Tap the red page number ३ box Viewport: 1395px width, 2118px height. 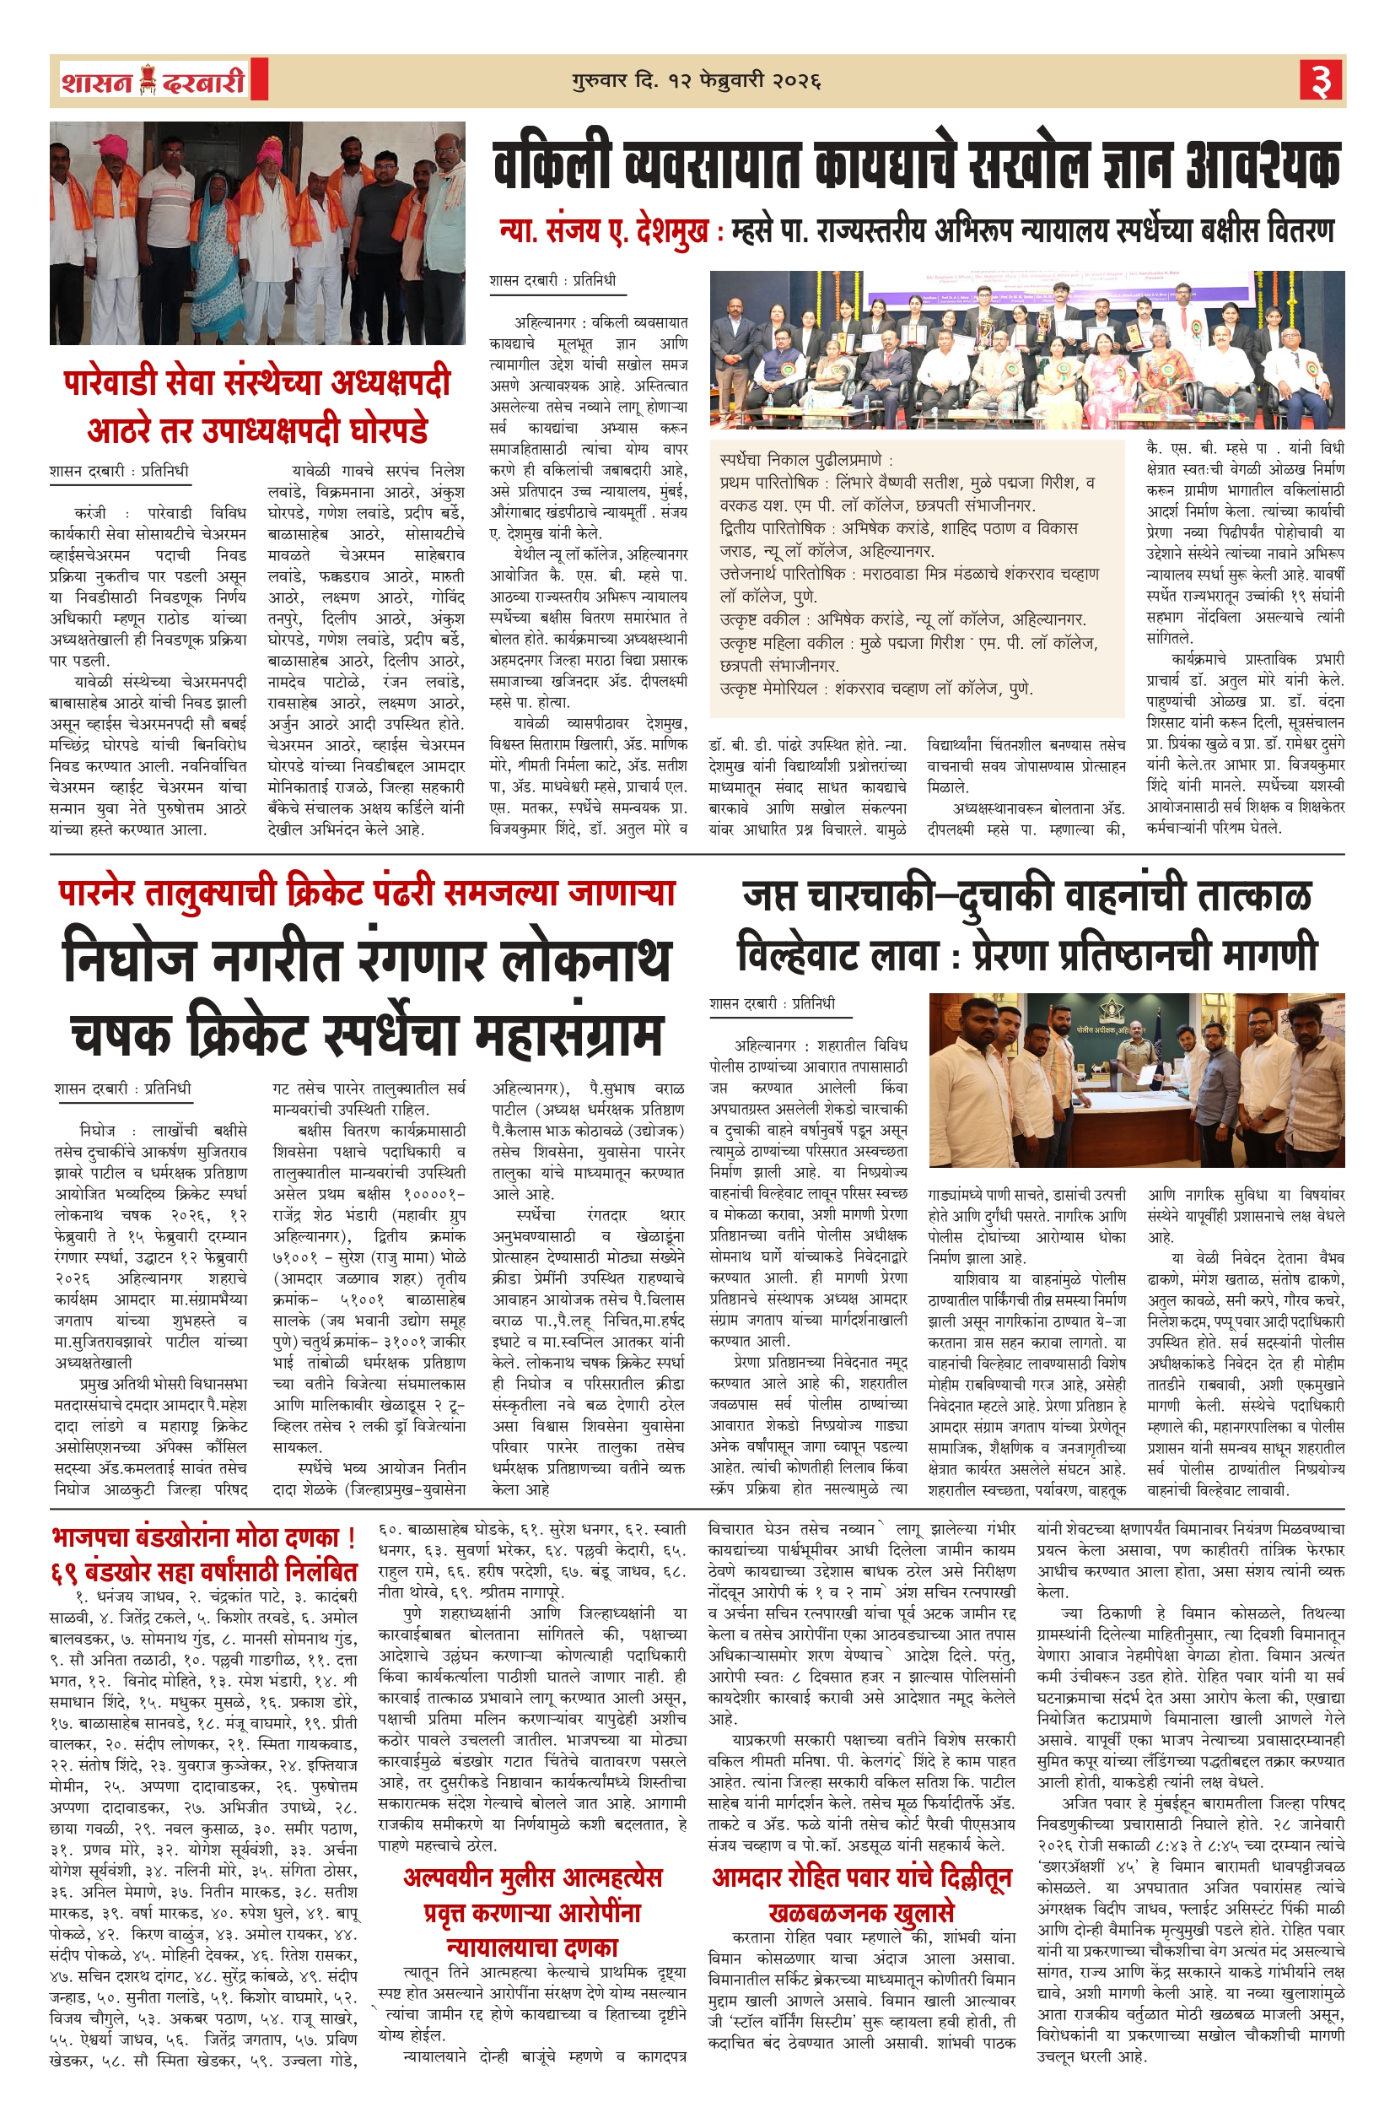coord(1321,81)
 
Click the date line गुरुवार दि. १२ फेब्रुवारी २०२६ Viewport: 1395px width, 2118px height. coord(696,81)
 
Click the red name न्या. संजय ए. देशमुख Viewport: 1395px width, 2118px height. coord(604,232)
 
